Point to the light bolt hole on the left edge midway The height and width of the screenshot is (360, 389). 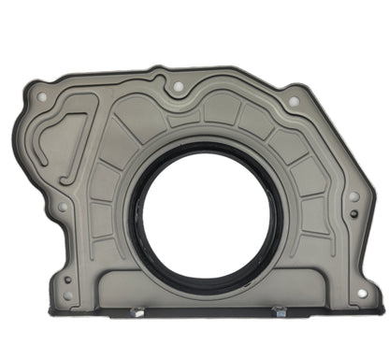[x=63, y=207]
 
